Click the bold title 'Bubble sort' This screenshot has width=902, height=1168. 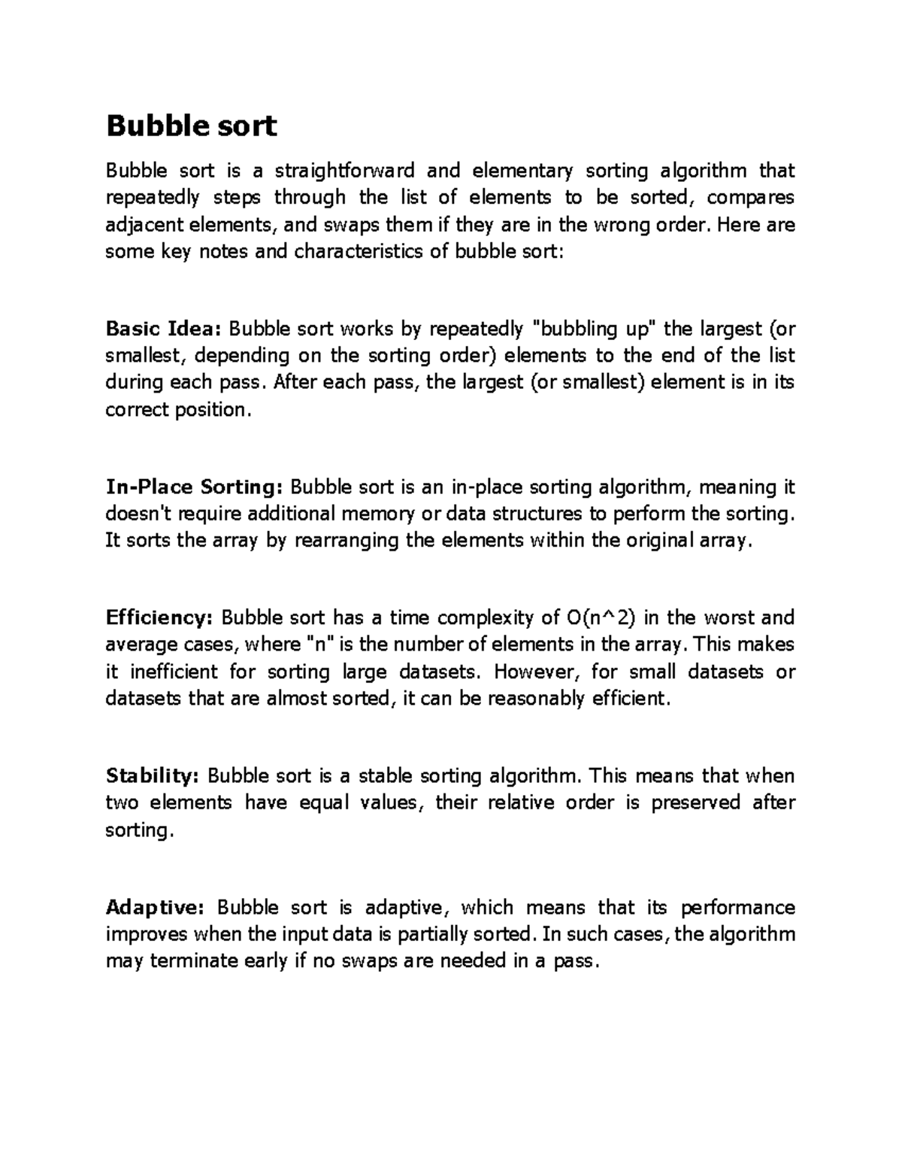pos(192,126)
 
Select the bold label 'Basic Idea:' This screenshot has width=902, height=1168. pos(164,329)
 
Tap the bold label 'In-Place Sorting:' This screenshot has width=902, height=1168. pos(195,487)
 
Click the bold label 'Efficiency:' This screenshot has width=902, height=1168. pos(160,618)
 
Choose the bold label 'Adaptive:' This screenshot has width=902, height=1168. pos(155,908)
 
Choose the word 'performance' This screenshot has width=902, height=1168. pos(737,908)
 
